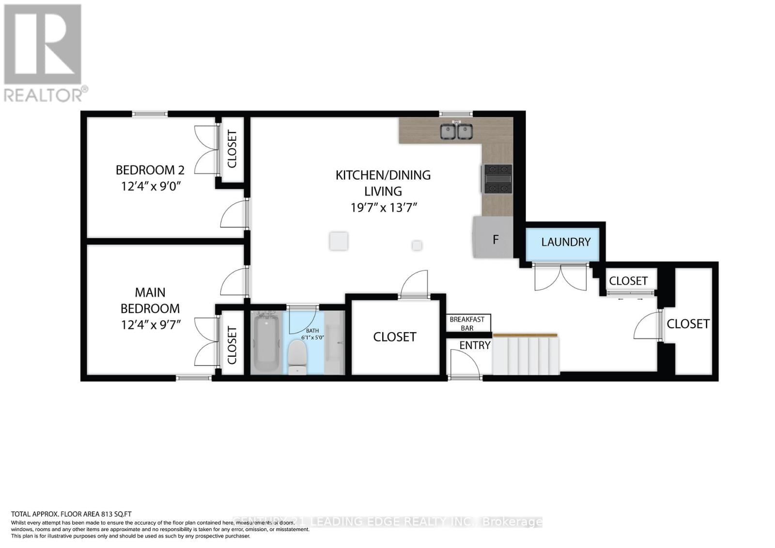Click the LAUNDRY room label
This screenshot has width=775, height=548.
click(x=566, y=242)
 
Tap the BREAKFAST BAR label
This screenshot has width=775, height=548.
click(x=467, y=323)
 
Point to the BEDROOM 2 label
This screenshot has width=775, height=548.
click(x=150, y=170)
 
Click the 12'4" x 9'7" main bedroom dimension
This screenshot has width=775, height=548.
click(x=151, y=324)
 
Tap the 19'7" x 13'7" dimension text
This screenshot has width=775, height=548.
click(x=384, y=208)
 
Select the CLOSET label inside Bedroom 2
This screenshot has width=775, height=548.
click(x=232, y=149)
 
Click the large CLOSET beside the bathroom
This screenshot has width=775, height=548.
click(x=395, y=337)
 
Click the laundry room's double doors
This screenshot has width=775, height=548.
click(x=560, y=277)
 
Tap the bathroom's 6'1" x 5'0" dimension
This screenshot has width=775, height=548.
click(x=312, y=337)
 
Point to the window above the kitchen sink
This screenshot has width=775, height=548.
click(x=455, y=114)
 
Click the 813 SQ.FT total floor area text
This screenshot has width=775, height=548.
click(x=72, y=514)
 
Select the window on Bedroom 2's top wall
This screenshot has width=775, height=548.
click(x=150, y=114)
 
